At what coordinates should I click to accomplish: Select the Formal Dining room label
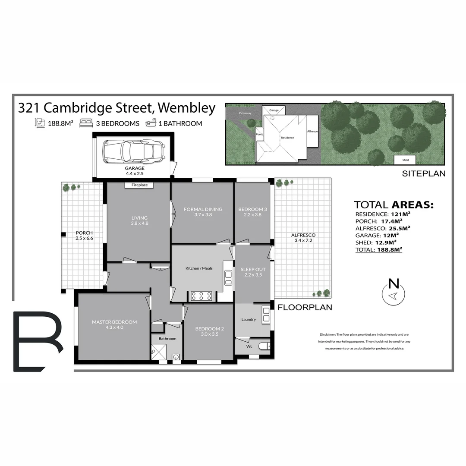203,212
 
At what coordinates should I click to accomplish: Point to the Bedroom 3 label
252,212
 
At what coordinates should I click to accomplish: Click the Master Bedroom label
114,324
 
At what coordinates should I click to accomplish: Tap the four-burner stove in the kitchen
202,296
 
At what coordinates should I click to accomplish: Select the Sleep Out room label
253,272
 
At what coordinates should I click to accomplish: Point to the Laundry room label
249,320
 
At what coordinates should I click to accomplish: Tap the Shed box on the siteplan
406,160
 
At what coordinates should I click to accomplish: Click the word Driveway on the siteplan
245,113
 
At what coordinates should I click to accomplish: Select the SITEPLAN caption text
424,174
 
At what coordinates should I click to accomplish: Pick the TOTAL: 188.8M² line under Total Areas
378,249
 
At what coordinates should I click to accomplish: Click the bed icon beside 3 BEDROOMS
86,123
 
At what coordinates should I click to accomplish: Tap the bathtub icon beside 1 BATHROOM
151,123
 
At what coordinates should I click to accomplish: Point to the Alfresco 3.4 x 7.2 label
303,238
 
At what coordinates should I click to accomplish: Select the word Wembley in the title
189,108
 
